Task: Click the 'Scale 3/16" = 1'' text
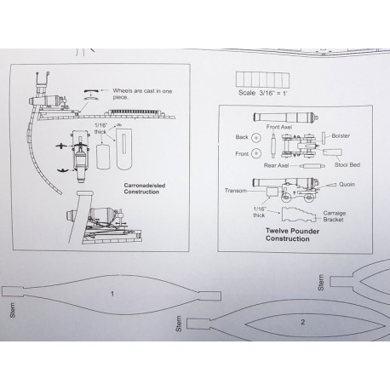point(263,93)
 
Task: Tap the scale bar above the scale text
point(262,79)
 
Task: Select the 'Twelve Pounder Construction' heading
point(292,235)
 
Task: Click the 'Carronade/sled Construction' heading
point(145,188)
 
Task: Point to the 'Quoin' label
point(347,184)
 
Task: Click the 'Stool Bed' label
point(347,164)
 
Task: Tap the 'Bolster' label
point(341,135)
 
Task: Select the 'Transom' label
point(236,191)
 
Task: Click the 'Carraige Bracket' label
point(334,216)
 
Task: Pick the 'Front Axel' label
point(279,127)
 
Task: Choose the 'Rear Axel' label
point(276,165)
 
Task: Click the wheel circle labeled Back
point(256,137)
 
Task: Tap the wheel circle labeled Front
point(256,153)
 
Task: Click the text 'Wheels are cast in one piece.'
point(142,94)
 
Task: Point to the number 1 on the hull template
point(112,294)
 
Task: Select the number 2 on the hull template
point(303,322)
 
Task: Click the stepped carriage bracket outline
point(298,215)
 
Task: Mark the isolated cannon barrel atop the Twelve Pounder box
point(286,117)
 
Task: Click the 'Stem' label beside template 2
point(179,324)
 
